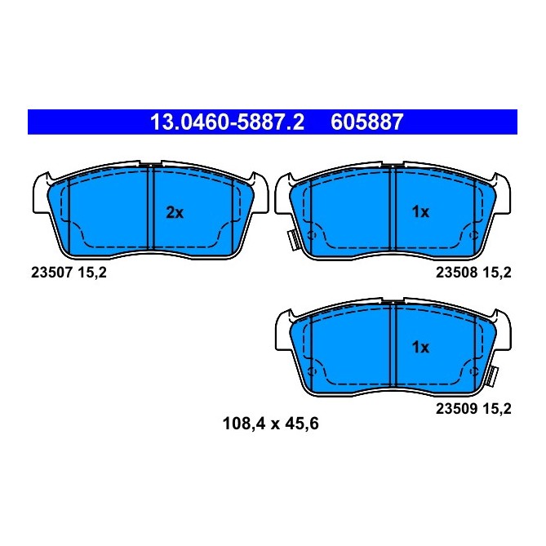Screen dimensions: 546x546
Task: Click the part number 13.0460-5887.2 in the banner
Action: (x=226, y=123)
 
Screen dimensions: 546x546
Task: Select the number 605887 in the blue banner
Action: (x=366, y=123)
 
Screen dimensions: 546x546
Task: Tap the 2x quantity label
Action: (x=175, y=213)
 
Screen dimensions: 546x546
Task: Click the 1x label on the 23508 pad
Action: (x=419, y=213)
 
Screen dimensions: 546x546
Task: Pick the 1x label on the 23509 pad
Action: (x=419, y=347)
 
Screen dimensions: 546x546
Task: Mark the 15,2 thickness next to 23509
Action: (x=497, y=411)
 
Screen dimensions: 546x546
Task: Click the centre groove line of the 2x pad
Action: (x=153, y=208)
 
